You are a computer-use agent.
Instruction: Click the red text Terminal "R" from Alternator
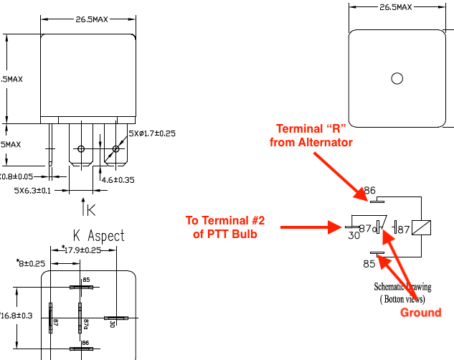311,136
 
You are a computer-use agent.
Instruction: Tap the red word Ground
420,313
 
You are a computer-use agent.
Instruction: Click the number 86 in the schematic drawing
370,190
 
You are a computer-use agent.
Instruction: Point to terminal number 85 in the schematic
369,263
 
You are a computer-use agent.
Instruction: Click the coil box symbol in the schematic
423,227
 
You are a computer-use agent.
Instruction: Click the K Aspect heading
99,235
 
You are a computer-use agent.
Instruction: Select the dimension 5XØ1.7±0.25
152,133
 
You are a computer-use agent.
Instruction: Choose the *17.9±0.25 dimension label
82,250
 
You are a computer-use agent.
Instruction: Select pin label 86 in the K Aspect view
85,344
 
